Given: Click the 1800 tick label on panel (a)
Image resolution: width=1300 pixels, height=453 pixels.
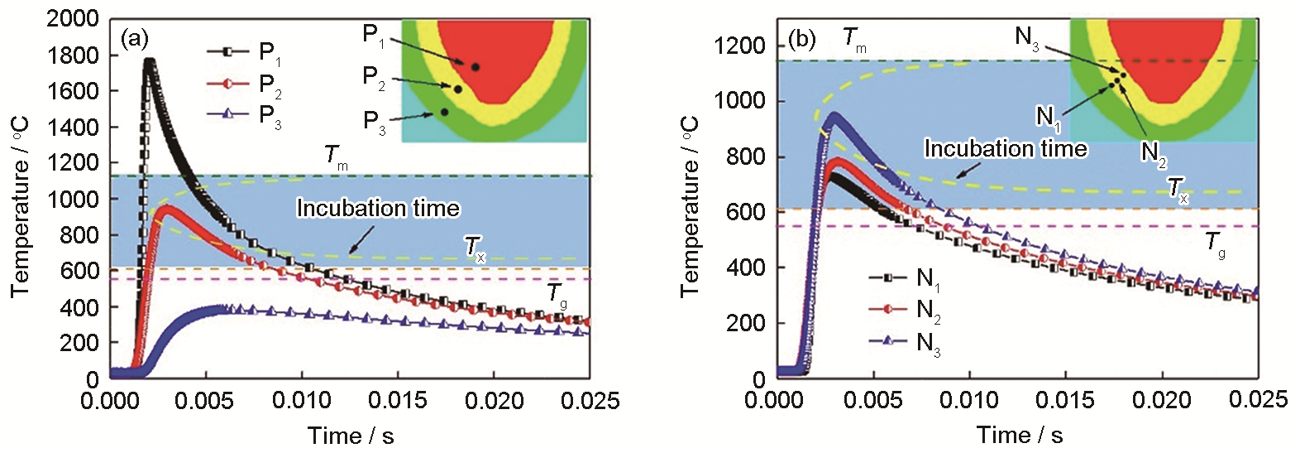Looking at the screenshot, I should pos(73,55).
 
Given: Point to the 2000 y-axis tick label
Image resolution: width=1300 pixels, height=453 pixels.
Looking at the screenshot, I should pos(73,19).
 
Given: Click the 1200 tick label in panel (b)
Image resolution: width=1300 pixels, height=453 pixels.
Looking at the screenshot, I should pos(740,46).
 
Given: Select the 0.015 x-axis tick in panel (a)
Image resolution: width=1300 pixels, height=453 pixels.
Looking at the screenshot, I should pos(398,402).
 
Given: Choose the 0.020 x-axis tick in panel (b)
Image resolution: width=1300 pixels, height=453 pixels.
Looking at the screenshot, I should pos(1162,400).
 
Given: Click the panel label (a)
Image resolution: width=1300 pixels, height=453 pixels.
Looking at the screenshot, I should pos(135,38).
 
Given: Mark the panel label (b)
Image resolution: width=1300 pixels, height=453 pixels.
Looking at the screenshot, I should pos(801,39).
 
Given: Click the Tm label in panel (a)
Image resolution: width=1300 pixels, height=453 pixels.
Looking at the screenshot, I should pos(336,156).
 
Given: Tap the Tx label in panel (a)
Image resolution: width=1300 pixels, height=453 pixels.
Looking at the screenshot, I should pos(474,247).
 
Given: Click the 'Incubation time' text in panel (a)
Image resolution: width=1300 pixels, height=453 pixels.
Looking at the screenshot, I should pos(378,208).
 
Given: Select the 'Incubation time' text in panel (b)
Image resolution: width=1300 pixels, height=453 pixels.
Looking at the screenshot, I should pos(1005,149).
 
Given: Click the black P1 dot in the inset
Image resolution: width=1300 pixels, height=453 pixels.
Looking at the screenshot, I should pos(476,66).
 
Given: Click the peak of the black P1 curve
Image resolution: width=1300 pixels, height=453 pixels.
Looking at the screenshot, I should pos(149,60).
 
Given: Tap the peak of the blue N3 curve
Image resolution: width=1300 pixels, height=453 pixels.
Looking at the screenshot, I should pos(835,115).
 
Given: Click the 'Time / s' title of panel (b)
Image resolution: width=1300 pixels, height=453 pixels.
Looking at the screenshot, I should pos(1019,435).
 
